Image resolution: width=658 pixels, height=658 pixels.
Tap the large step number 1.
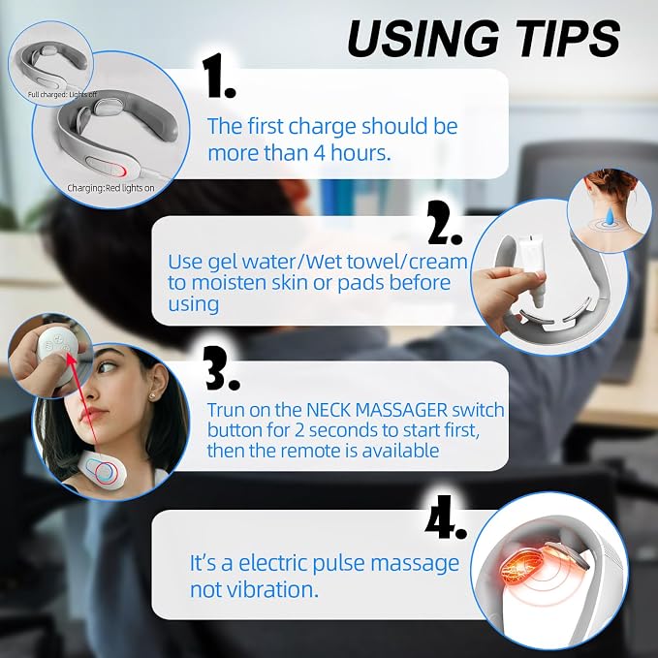(219, 76)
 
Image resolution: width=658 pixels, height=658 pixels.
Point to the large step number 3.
(223, 369)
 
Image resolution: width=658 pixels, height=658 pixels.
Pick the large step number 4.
(446, 517)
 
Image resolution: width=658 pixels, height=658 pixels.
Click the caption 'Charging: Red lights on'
(110, 188)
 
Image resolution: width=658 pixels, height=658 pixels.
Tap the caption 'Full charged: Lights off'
(62, 94)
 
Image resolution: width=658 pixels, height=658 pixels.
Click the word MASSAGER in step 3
(401, 410)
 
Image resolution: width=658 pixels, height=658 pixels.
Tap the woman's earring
(151, 395)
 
